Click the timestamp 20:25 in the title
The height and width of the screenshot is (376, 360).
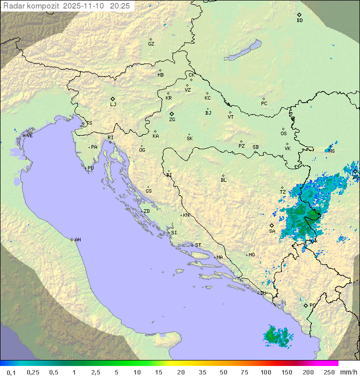(120, 6)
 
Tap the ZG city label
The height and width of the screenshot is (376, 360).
(172, 120)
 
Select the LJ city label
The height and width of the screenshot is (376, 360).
(113, 105)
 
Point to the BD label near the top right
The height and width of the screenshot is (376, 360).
(299, 21)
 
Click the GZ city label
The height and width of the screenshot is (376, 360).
(151, 44)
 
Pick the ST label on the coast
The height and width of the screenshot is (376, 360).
(198, 245)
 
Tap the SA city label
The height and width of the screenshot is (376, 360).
(272, 231)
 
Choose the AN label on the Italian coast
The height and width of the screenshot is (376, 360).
(77, 240)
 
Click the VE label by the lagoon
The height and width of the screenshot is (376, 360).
(29, 136)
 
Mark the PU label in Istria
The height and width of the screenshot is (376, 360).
(90, 168)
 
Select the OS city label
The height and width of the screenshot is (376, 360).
(283, 134)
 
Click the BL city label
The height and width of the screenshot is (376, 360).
(223, 180)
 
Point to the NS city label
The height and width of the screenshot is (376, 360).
(331, 151)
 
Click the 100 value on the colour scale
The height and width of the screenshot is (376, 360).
(265, 372)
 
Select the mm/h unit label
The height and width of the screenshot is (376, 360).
(347, 372)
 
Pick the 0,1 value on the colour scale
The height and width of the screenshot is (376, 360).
(10, 372)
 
